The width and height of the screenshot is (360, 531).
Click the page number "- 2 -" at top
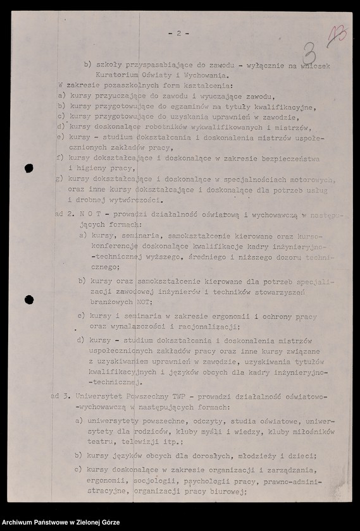click(x=179, y=34)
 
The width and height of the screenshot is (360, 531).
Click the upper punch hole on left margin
click(x=28, y=168)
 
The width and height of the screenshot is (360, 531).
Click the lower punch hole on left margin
click(x=28, y=299)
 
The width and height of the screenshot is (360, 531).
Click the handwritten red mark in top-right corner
click(x=337, y=37)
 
